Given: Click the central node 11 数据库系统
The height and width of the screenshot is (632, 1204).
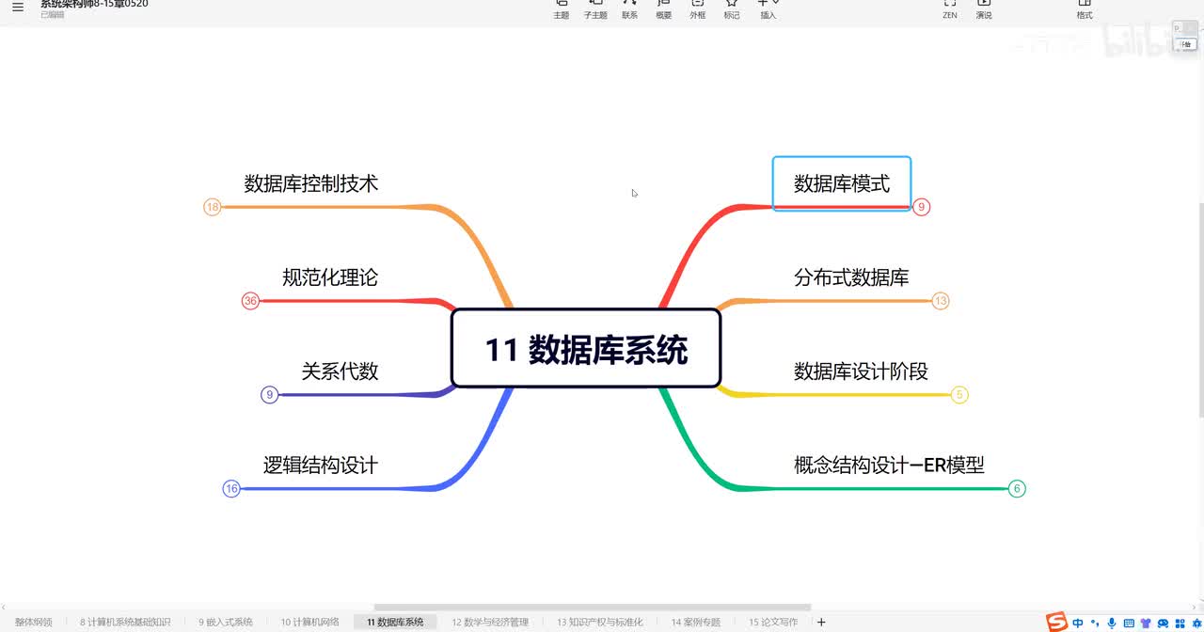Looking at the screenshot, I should pos(586,349).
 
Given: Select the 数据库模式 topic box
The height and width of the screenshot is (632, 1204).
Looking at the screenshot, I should pos(841,183).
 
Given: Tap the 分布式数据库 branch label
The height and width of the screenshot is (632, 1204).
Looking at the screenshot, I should pos(851,277).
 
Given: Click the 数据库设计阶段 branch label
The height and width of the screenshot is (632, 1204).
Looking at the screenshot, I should pos(861,371).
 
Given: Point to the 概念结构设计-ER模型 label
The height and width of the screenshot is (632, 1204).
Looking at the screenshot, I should pos(889,465).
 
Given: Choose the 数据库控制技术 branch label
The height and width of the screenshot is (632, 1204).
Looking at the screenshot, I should pos(311,183).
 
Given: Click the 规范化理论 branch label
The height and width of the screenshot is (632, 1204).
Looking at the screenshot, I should pos(330,277).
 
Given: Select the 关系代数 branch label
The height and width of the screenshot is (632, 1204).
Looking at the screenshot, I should pos(340,371).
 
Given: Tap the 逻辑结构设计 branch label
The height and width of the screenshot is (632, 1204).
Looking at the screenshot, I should pos(321,465).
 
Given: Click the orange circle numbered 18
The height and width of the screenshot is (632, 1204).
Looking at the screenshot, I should pos(213,207).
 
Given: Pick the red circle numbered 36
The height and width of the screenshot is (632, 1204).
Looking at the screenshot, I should pos(250,301).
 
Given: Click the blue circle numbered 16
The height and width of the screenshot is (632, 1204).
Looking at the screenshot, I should pos(231,488).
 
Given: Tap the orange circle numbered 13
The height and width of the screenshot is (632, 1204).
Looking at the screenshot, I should pos(941,301).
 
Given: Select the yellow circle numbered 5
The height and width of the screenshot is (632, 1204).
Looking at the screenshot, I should pos(959,395).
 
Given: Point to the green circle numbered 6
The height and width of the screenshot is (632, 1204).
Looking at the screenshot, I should pos(1016,488).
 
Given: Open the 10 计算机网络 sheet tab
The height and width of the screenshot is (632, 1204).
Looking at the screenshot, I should pos(310,622).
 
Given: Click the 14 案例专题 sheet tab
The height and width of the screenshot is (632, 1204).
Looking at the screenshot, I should pos(696,622).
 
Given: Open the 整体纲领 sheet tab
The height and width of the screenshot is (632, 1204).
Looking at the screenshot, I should pos(34,622).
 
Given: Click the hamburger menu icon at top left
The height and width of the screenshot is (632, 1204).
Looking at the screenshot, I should pos(18,8).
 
